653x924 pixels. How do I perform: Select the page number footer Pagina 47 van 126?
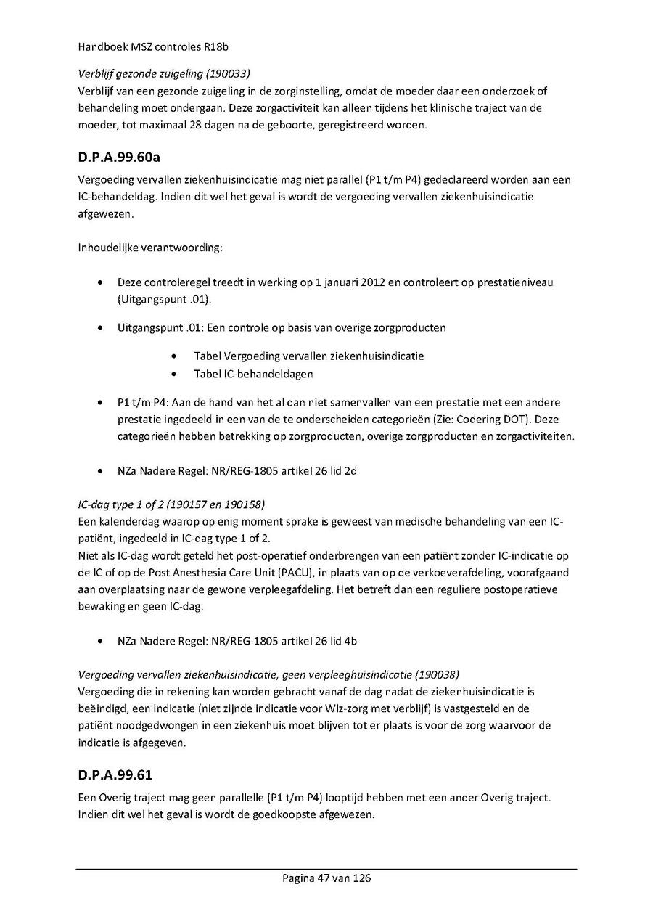pyautogui.click(x=326, y=878)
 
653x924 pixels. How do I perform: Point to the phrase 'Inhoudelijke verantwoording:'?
pyautogui.click(x=150, y=248)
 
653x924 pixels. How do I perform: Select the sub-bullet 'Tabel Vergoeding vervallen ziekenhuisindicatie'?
pyautogui.click(x=309, y=356)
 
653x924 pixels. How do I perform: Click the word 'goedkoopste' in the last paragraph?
pyautogui.click(x=322, y=814)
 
